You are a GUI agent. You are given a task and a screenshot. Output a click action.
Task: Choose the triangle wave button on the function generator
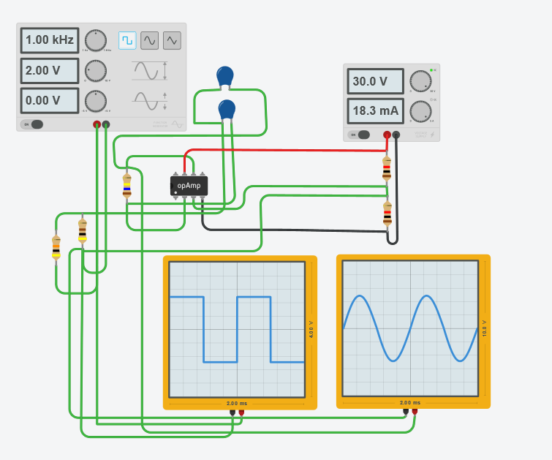click(172, 40)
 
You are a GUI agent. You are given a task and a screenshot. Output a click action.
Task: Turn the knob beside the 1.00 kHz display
click(95, 40)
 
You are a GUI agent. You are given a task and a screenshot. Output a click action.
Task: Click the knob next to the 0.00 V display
click(95, 100)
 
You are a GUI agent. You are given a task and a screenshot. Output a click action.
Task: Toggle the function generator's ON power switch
click(33, 124)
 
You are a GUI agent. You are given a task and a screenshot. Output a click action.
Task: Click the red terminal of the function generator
click(97, 125)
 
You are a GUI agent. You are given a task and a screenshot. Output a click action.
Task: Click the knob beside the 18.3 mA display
click(420, 111)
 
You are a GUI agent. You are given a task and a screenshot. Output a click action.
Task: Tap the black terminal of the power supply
click(396, 135)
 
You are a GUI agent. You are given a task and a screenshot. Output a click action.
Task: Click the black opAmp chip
click(189, 186)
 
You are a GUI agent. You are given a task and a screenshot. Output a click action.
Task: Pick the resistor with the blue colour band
click(127, 186)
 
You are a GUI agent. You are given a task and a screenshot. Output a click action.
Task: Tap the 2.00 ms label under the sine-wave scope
click(410, 403)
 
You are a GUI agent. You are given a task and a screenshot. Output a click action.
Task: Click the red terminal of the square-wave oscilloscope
click(241, 413)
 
